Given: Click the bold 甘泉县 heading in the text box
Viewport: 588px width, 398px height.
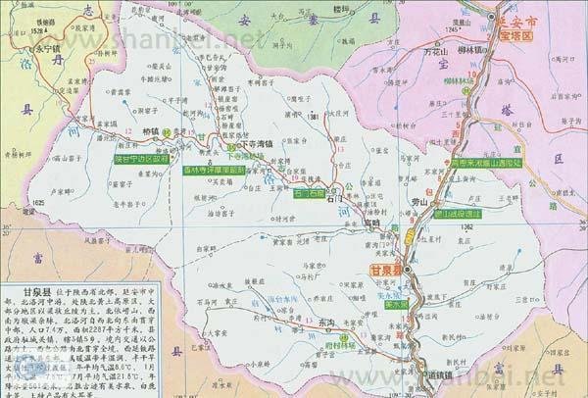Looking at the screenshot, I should pos(25,293).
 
